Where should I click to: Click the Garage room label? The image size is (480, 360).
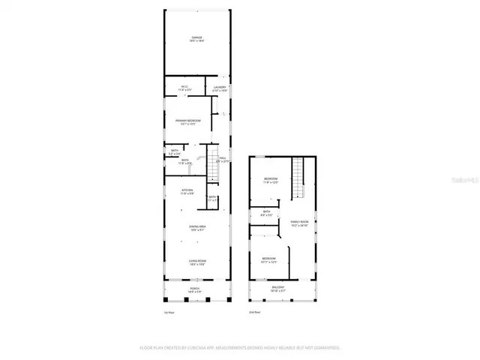[196, 39]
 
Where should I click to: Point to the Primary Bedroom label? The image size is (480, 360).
[188, 122]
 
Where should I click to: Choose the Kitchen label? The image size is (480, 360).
[187, 192]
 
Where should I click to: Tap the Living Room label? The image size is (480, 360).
[197, 262]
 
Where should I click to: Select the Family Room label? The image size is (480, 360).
[300, 223]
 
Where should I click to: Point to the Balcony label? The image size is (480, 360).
[278, 287]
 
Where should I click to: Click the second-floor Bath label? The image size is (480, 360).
[266, 214]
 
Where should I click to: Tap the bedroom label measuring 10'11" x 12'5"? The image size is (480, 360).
[269, 260]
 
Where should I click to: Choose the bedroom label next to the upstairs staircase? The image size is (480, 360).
[271, 180]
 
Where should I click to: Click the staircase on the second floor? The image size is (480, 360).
[300, 178]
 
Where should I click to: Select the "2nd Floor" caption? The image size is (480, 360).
[256, 312]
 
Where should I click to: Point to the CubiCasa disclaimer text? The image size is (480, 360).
[240, 348]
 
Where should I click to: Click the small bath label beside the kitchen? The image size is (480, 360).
[212, 199]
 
